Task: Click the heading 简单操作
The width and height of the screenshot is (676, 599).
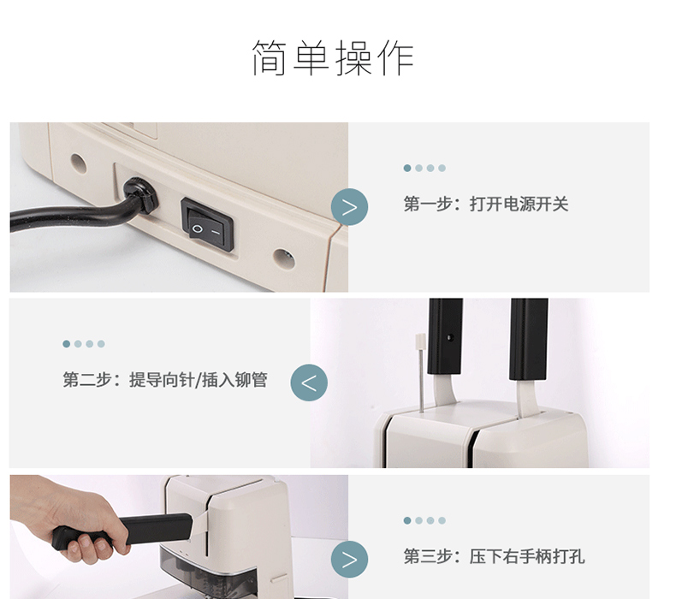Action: pyautogui.click(x=333, y=58)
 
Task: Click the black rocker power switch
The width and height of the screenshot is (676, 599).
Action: pyautogui.click(x=207, y=224)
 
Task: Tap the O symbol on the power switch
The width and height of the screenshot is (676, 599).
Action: pyautogui.click(x=197, y=228)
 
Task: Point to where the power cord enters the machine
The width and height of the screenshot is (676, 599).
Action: pyautogui.click(x=141, y=195)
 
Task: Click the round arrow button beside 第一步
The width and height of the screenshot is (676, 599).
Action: pyautogui.click(x=350, y=207)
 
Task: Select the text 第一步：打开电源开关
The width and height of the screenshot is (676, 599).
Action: pyautogui.click(x=486, y=204)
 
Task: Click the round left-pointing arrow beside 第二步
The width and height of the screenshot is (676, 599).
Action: pyautogui.click(x=309, y=383)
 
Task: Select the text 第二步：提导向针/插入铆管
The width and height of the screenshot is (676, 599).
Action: pyautogui.click(x=165, y=380)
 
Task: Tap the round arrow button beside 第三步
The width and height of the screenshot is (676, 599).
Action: pyautogui.click(x=350, y=560)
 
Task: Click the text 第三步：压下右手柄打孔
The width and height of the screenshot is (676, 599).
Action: pyautogui.click(x=494, y=556)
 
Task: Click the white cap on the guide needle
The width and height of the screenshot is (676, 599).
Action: pyautogui.click(x=420, y=341)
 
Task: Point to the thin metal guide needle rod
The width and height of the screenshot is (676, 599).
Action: pyautogui.click(x=421, y=380)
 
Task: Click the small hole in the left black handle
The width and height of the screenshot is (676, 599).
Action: pyautogui.click(x=449, y=338)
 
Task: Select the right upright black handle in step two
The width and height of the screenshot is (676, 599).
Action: pyautogui.click(x=529, y=340)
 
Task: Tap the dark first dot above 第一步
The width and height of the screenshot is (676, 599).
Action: pyautogui.click(x=407, y=169)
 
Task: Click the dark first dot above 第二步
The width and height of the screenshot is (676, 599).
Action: pyautogui.click(x=67, y=344)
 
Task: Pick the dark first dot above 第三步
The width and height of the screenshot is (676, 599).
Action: pyautogui.click(x=407, y=520)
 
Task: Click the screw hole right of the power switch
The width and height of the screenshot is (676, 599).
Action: pyautogui.click(x=284, y=258)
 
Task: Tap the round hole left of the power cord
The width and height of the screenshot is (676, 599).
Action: pyautogui.click(x=79, y=163)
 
